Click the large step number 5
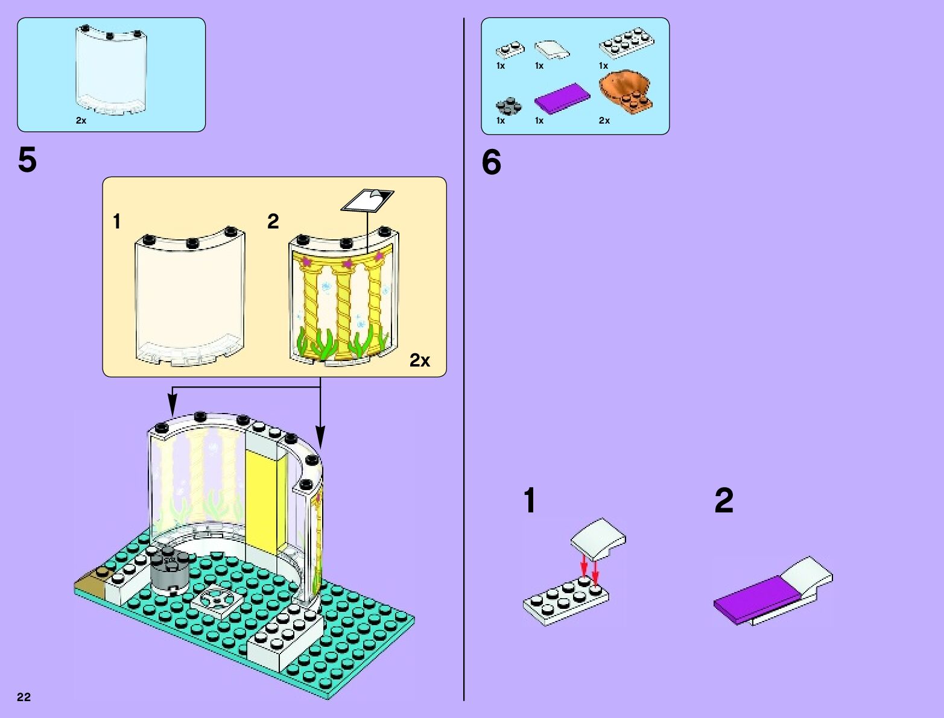(27, 160)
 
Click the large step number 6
(491, 163)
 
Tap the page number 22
(24, 697)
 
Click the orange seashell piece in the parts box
(626, 91)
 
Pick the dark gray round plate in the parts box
(508, 106)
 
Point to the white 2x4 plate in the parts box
(627, 43)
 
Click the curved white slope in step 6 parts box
(552, 49)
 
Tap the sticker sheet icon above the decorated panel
(367, 200)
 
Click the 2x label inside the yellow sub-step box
(420, 361)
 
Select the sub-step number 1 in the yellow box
(117, 222)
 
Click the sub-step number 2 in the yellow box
(273, 222)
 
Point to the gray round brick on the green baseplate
(169, 572)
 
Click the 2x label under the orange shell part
(604, 121)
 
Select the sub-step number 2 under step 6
(724, 501)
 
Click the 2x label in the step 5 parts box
(81, 121)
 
